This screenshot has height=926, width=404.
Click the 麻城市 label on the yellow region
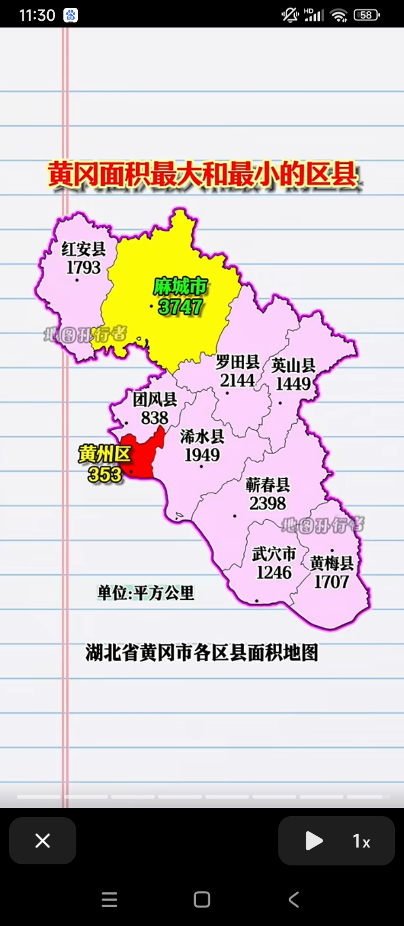pyautogui.click(x=180, y=287)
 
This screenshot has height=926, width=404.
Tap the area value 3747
pyautogui.click(x=180, y=307)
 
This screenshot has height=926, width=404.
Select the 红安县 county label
pyautogui.click(x=84, y=248)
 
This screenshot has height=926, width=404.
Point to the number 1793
pyautogui.click(x=84, y=267)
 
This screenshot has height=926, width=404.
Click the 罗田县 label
pyautogui.click(x=237, y=362)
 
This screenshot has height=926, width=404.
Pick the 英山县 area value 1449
pyautogui.click(x=293, y=384)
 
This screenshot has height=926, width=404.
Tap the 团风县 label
pyautogui.click(x=155, y=400)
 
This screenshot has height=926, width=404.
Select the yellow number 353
pyautogui.click(x=105, y=475)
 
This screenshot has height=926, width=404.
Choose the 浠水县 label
pyautogui.click(x=202, y=436)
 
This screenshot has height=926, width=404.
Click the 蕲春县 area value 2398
pyautogui.click(x=268, y=503)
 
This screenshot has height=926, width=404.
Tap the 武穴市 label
pyautogui.click(x=274, y=554)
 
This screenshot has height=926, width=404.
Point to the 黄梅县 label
pyautogui.click(x=332, y=563)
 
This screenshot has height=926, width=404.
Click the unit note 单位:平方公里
pyautogui.click(x=146, y=593)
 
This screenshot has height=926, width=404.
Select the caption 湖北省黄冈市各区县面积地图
pyautogui.click(x=202, y=653)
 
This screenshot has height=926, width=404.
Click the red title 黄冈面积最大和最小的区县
pyautogui.click(x=202, y=175)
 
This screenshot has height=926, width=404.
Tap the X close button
pyautogui.click(x=43, y=841)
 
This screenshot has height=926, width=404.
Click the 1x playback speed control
pyautogui.click(x=361, y=841)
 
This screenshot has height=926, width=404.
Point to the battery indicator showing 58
pyautogui.click(x=366, y=15)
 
